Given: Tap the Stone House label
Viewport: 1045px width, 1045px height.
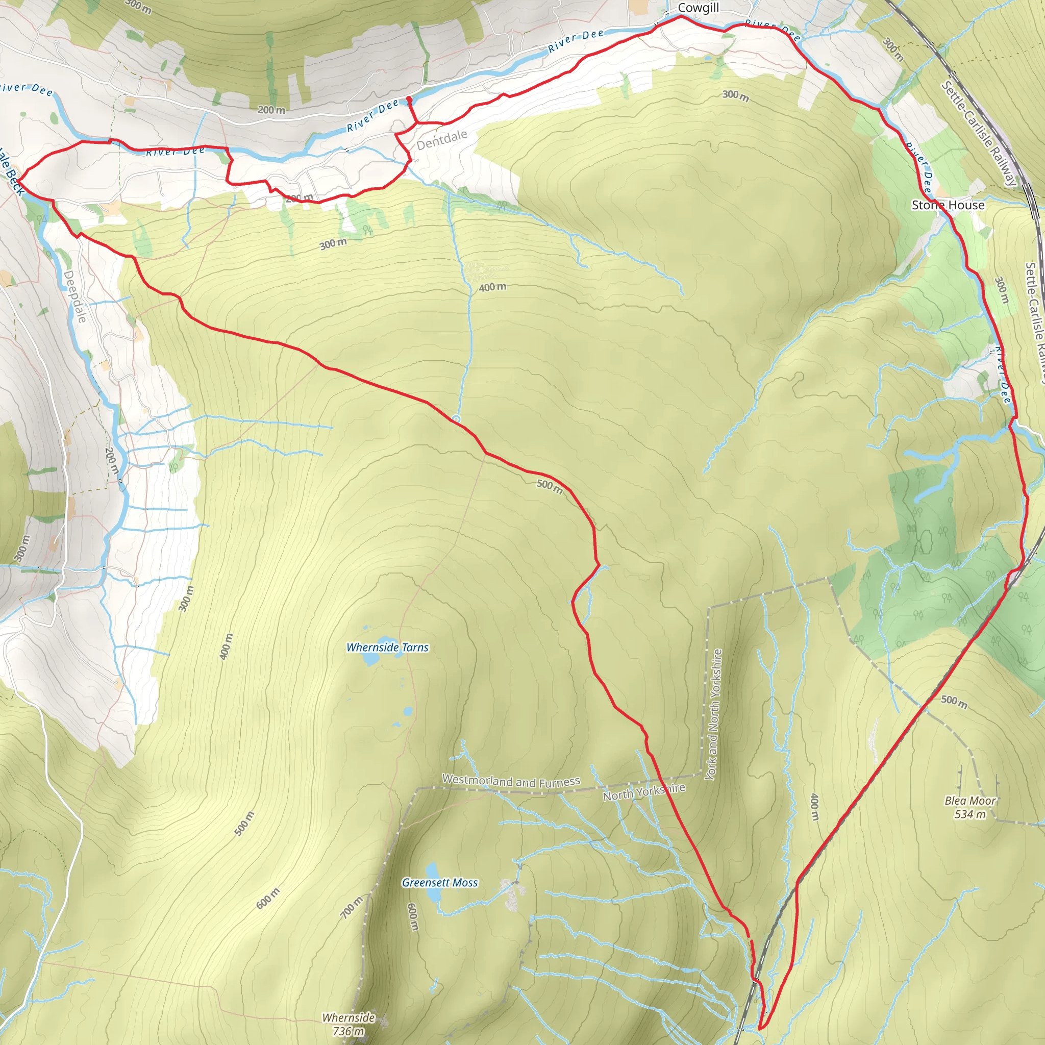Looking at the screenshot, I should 948,205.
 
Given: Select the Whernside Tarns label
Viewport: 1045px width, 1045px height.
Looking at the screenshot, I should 387,648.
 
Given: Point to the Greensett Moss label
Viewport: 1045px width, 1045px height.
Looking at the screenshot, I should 440,883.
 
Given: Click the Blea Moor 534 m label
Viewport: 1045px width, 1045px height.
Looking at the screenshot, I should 970,807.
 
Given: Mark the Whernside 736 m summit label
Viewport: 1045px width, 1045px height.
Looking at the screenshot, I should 349,1024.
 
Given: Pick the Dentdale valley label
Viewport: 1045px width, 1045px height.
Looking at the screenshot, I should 441,139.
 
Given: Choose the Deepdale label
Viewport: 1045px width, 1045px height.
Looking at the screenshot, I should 75,296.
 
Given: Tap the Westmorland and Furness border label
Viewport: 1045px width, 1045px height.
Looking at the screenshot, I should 511,781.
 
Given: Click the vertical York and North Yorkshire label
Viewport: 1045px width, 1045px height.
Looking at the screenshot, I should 713,714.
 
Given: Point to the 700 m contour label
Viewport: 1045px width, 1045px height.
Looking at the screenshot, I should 351,907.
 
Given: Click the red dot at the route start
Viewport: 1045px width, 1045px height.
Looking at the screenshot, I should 409,99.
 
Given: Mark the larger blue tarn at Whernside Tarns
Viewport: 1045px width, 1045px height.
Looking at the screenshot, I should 370,658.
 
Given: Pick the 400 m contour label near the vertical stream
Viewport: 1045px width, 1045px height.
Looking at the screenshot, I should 492,287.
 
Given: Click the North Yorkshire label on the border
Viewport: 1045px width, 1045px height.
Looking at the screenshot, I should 643,792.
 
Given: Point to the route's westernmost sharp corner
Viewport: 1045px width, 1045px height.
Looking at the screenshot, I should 17,179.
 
